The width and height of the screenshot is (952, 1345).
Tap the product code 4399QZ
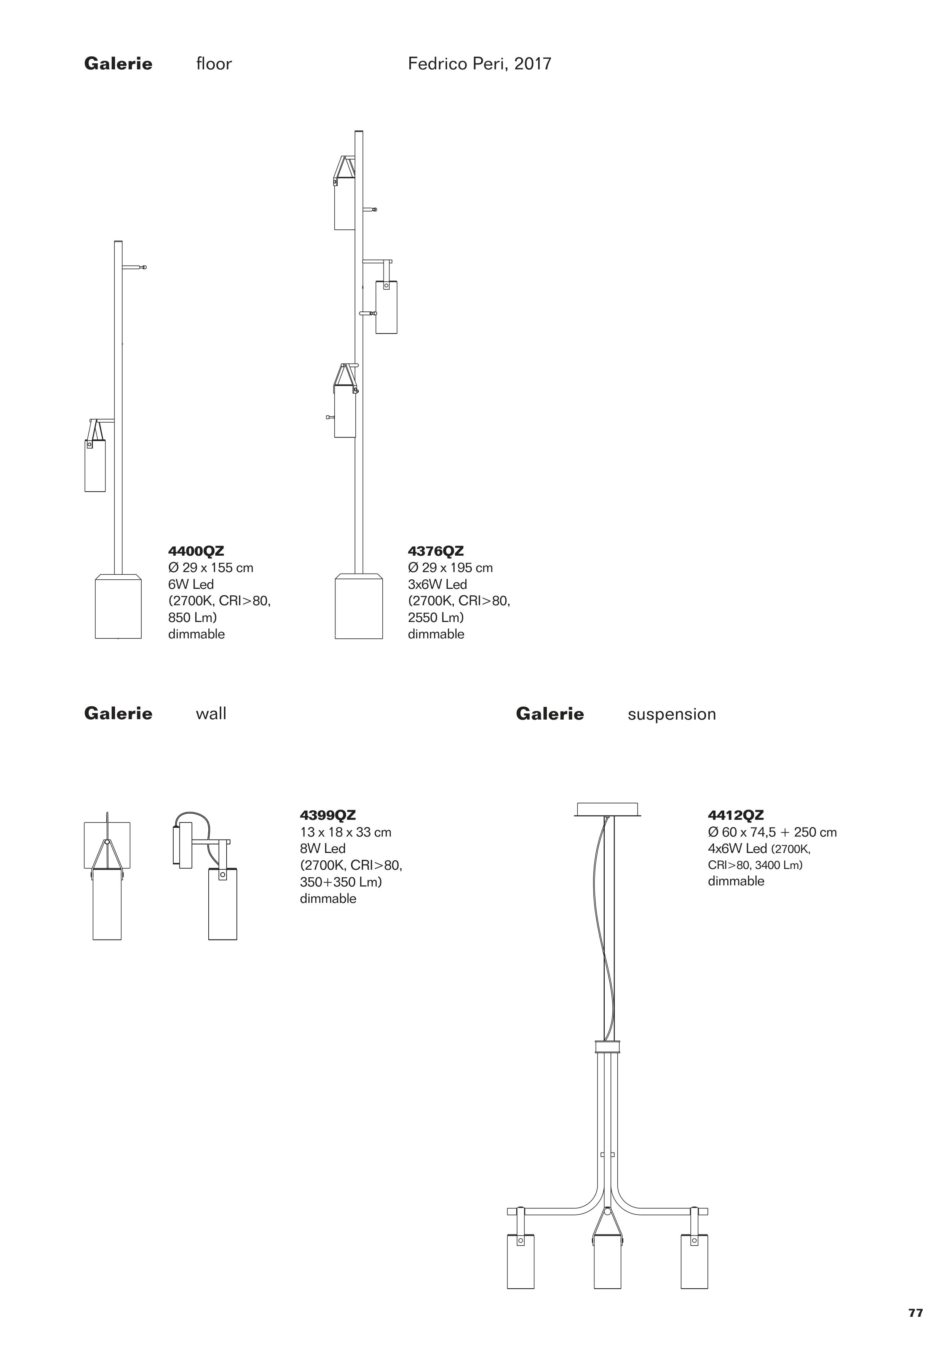(x=328, y=815)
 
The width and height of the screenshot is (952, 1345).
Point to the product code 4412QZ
(x=736, y=815)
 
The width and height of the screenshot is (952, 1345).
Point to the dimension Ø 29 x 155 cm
(x=211, y=568)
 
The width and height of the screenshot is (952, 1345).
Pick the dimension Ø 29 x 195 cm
(x=450, y=568)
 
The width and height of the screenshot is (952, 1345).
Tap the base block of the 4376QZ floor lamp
(x=359, y=608)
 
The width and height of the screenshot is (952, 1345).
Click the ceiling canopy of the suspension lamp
(x=607, y=809)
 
